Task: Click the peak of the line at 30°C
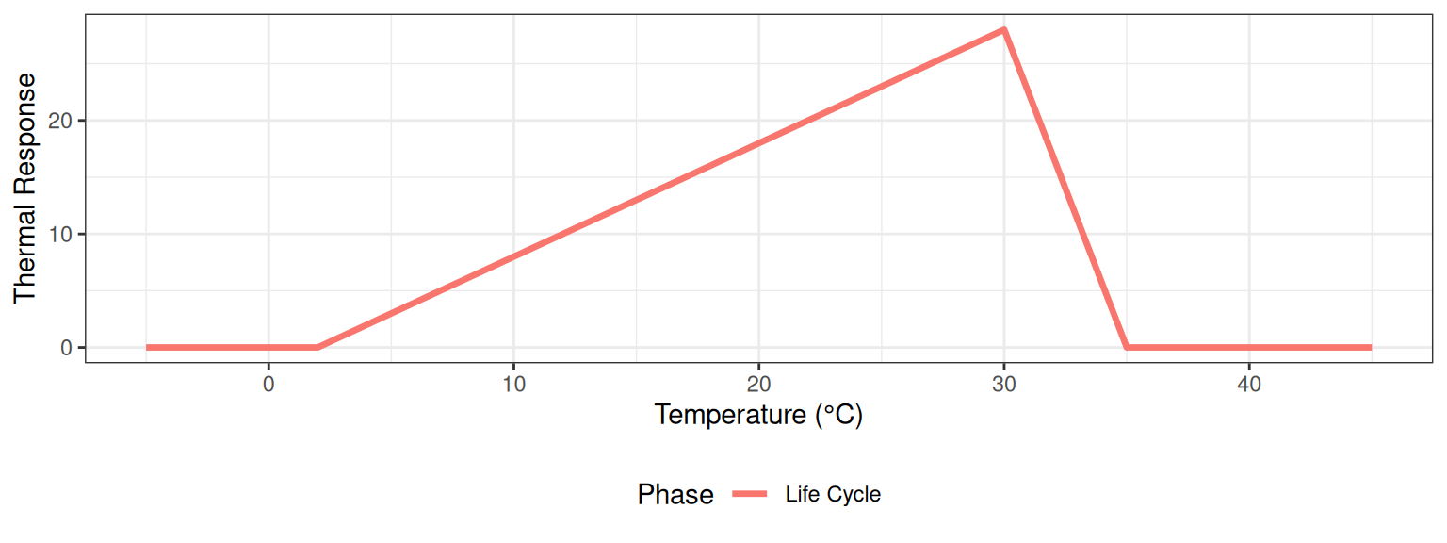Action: (x=1004, y=29)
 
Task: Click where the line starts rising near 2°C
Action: (x=317, y=348)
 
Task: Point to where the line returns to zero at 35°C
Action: (x=1127, y=348)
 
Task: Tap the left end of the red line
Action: (x=147, y=348)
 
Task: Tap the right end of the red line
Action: (x=1371, y=348)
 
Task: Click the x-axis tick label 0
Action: (x=268, y=385)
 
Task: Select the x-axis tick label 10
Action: (x=513, y=385)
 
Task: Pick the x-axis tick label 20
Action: (x=758, y=385)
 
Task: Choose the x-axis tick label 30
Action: (x=1004, y=385)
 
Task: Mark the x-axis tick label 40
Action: (x=1249, y=385)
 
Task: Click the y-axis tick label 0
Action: (x=67, y=348)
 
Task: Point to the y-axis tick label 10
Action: (x=61, y=235)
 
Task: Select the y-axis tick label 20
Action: (x=61, y=121)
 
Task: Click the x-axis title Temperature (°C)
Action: (x=758, y=415)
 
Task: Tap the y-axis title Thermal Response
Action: (x=25, y=188)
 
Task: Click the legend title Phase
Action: (x=675, y=494)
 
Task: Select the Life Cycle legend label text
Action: (x=833, y=494)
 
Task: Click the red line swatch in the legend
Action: (x=751, y=494)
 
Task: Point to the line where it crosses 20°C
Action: (x=758, y=143)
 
